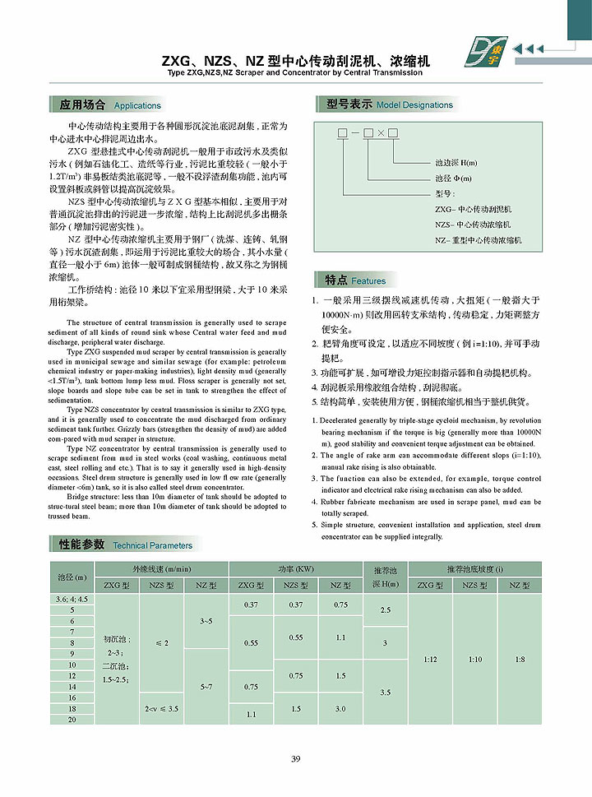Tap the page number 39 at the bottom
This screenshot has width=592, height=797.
click(x=296, y=758)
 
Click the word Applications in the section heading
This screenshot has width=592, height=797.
click(x=137, y=106)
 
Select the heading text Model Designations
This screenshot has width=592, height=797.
click(x=414, y=105)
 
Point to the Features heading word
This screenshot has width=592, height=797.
click(x=368, y=280)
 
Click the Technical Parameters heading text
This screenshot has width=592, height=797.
click(x=152, y=545)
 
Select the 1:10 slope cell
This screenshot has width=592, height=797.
click(x=474, y=660)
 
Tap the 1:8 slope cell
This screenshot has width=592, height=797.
click(x=520, y=660)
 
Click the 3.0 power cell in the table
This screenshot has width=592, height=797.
click(x=340, y=708)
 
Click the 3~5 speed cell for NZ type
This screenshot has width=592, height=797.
click(x=206, y=621)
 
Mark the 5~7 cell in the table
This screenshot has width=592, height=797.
click(x=206, y=685)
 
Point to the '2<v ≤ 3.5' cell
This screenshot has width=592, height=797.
click(x=162, y=708)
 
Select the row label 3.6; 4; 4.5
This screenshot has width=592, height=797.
click(x=72, y=599)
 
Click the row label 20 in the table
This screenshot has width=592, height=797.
click(x=72, y=720)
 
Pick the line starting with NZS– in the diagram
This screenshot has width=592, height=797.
click(x=473, y=224)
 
